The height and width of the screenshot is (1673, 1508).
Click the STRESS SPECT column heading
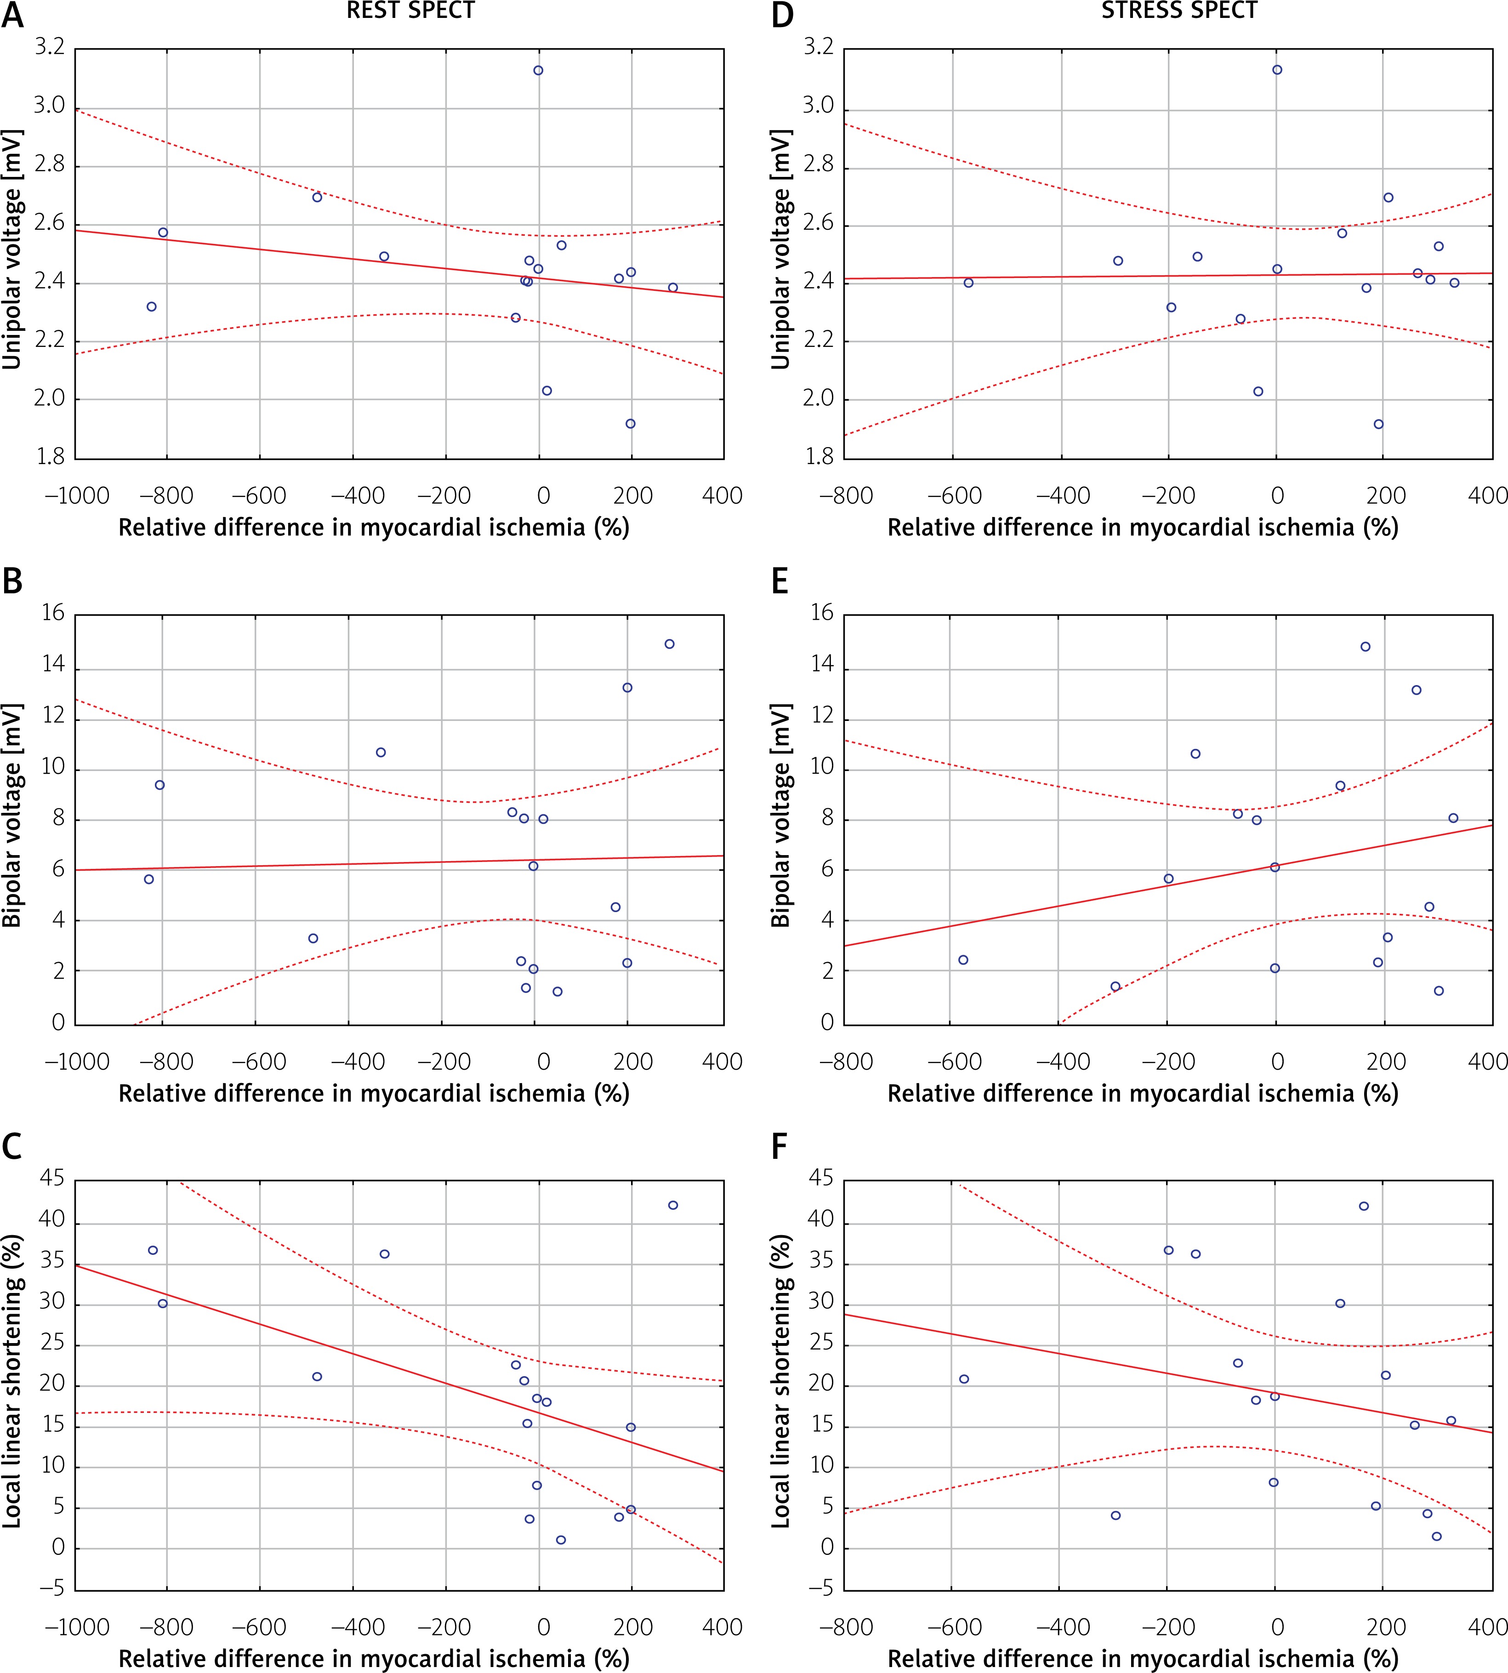[x=1179, y=11]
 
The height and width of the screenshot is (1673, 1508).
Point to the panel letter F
[x=780, y=1147]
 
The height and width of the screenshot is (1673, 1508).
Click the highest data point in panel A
[x=539, y=70]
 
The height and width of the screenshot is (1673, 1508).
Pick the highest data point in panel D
[x=1277, y=69]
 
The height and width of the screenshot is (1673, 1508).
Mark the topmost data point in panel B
[x=670, y=644]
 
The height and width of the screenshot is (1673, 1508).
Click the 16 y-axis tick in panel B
[x=53, y=613]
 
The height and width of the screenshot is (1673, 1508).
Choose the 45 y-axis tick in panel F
[x=820, y=1178]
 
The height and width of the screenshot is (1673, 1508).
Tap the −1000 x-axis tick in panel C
[x=76, y=1627]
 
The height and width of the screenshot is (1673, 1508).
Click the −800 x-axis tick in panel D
[x=846, y=495]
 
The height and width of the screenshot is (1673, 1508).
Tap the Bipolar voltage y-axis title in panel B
[x=12, y=815]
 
